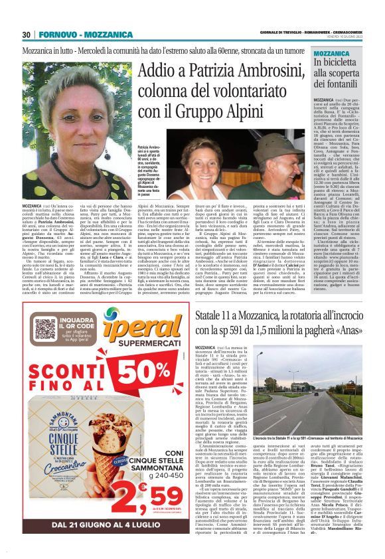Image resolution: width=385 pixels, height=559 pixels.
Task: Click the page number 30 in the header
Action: click(27, 35)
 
